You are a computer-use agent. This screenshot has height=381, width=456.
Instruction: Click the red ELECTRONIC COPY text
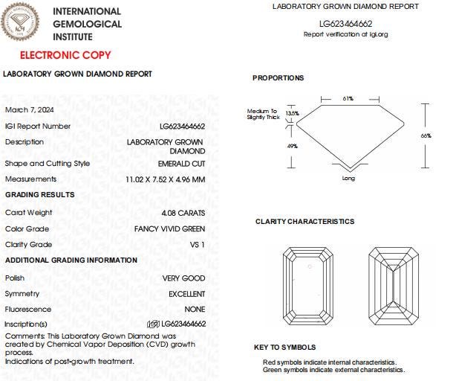tap(65, 55)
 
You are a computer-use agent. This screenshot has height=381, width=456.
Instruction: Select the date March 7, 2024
tap(27, 110)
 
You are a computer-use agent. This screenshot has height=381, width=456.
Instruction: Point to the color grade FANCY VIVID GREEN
tap(169, 229)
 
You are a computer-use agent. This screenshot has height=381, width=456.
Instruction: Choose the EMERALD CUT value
tap(181, 164)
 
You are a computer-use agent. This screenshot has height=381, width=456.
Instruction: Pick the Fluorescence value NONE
tap(195, 310)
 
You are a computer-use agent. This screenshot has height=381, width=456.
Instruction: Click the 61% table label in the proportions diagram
tap(348, 98)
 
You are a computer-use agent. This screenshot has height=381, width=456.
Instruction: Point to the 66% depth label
tap(426, 136)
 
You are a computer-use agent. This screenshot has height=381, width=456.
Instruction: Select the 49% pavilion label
tap(291, 147)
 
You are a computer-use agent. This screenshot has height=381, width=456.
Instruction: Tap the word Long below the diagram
tap(348, 179)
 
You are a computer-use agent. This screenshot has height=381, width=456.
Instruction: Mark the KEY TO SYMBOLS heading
tap(284, 348)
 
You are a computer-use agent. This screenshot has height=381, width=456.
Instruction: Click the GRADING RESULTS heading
tap(39, 195)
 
